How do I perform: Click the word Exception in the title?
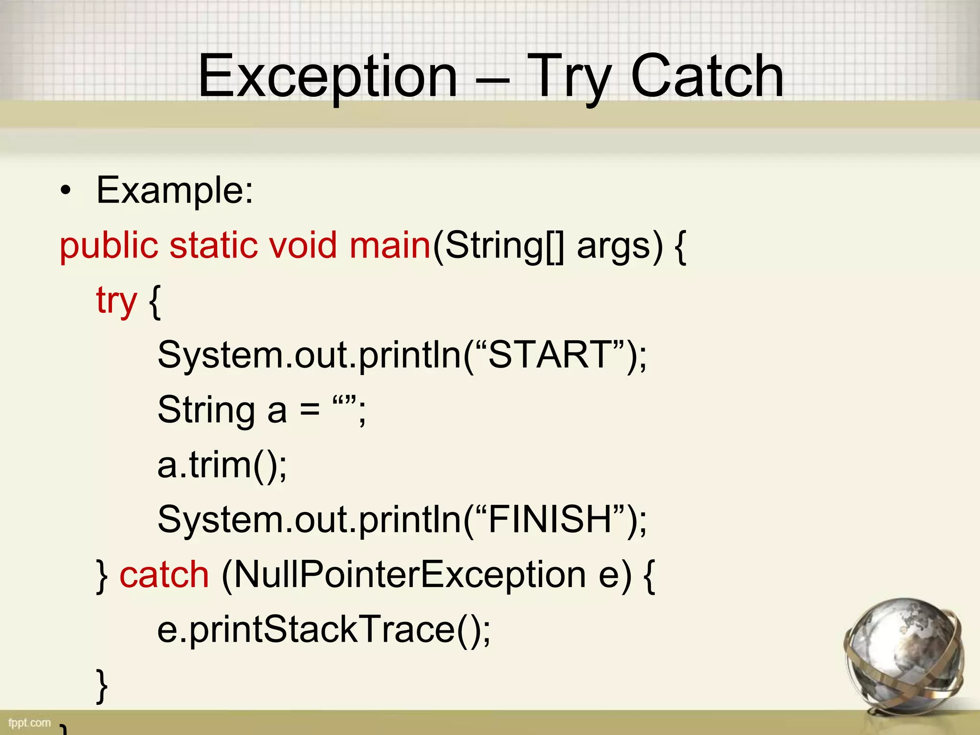[x=328, y=77]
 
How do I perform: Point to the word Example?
[x=175, y=191]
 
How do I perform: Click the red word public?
[x=109, y=246]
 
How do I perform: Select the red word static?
[x=214, y=246]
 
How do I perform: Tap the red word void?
[x=302, y=246]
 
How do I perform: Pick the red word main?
[x=390, y=246]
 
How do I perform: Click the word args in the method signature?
[x=613, y=247]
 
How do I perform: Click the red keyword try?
[x=116, y=301]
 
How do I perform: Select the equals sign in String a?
[x=310, y=411]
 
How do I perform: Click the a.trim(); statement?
[x=222, y=465]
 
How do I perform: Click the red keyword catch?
[x=164, y=575]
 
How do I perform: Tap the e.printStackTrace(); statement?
[x=323, y=630]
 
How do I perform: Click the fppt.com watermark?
[x=30, y=723]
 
